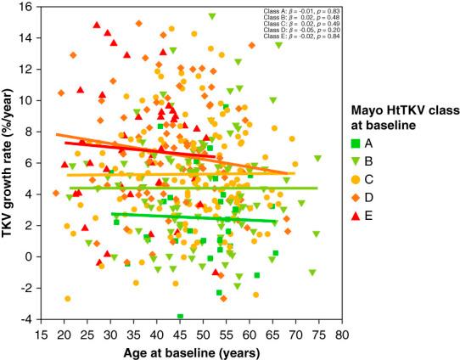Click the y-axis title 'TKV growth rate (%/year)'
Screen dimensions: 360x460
point(12,161)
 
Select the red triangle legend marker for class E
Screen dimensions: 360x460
point(360,216)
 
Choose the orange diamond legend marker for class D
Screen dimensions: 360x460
point(360,198)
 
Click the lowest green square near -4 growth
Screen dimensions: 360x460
point(180,317)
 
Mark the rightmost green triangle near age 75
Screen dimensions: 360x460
point(317,158)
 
